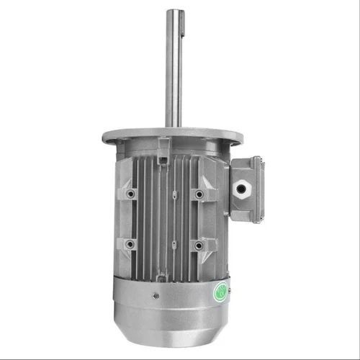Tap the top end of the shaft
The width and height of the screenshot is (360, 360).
pyautogui.click(x=174, y=11)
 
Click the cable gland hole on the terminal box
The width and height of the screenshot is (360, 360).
pyautogui.click(x=240, y=189)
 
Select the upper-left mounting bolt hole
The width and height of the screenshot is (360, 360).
pyautogui.click(x=130, y=194)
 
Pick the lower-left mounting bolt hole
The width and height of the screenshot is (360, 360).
pyautogui.click(x=130, y=245)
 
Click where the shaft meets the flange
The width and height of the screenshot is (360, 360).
pyautogui.click(x=174, y=127)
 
